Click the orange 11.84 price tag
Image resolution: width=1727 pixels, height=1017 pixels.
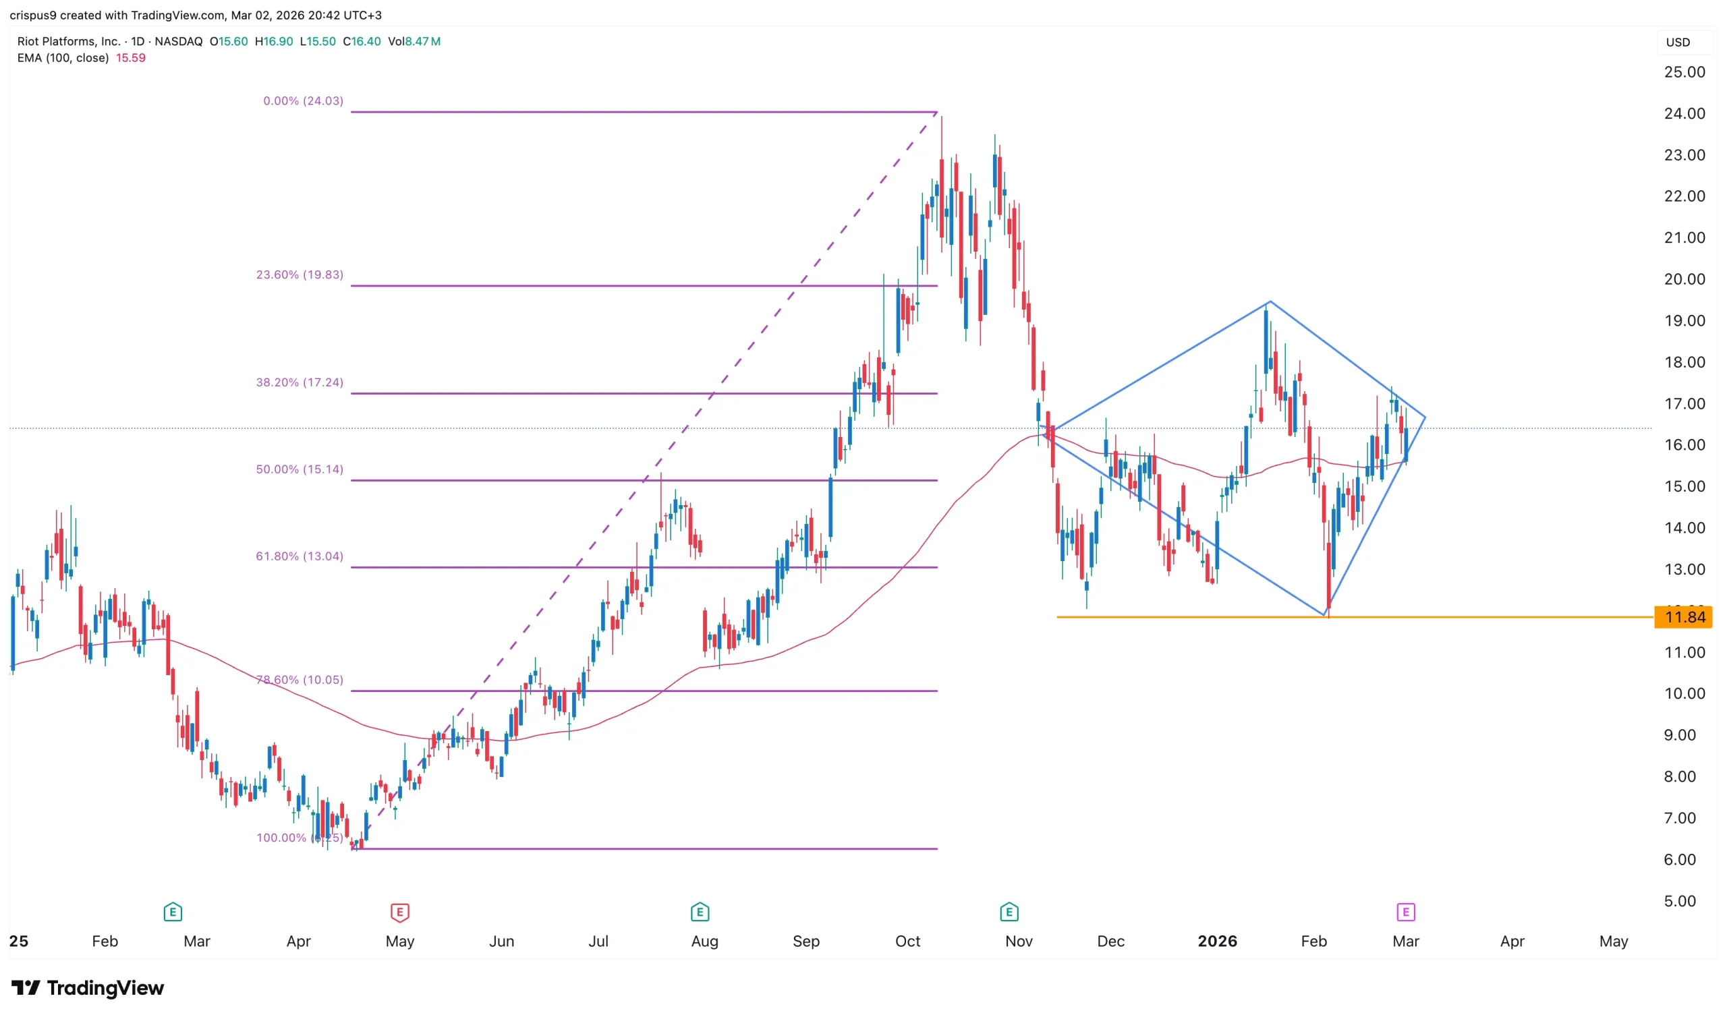click(1683, 618)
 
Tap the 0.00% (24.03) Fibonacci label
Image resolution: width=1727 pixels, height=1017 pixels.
click(303, 100)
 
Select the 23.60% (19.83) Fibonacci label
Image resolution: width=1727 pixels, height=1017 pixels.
click(300, 274)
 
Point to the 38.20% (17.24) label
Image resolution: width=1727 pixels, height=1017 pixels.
click(300, 382)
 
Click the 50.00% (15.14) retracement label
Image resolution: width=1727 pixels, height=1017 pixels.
click(300, 469)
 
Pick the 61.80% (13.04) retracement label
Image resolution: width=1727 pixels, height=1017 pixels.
click(300, 556)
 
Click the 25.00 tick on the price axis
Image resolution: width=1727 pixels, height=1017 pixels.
click(1684, 72)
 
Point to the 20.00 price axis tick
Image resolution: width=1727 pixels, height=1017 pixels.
click(1684, 279)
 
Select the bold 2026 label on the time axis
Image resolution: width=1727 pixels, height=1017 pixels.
click(1217, 941)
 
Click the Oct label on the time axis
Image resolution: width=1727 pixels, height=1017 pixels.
click(907, 941)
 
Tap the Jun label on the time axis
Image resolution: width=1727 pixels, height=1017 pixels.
click(502, 941)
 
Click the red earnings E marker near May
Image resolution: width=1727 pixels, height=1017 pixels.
click(399, 912)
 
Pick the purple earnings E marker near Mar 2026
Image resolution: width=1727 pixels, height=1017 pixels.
click(1405, 912)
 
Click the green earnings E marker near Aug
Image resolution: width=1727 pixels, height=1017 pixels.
click(700, 912)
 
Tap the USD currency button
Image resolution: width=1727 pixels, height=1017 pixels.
click(1678, 42)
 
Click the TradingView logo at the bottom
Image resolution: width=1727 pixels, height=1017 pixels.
click(88, 987)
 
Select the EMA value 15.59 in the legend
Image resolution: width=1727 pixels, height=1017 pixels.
click(130, 58)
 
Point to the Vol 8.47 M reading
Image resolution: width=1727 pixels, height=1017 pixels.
click(414, 42)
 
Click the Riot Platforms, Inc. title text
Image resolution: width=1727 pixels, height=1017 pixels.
click(69, 42)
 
